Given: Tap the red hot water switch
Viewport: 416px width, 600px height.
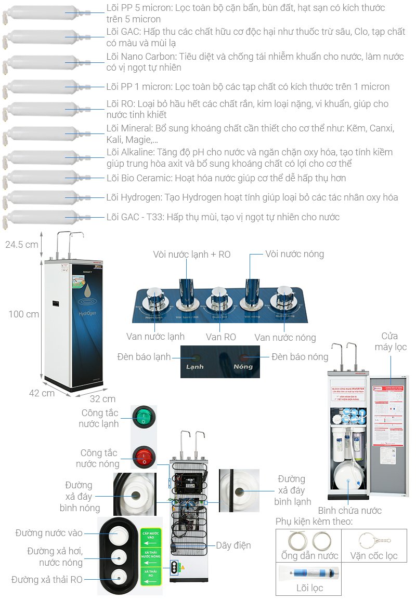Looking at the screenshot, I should point(143,458).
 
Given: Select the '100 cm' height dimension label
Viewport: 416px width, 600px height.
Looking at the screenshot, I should point(23,314).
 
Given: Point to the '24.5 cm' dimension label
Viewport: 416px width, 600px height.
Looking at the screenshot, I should point(21,244).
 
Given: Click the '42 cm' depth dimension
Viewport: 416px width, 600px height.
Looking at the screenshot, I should point(42,393).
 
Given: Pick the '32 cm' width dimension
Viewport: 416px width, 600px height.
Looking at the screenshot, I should point(102,399).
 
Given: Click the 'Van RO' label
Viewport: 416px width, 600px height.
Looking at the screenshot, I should point(220,337).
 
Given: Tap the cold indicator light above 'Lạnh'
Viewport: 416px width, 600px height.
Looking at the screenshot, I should point(196,357).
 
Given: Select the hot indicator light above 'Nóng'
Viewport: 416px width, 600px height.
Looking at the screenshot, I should point(243,357).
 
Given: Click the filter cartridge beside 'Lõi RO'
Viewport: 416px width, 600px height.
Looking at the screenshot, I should point(42,110).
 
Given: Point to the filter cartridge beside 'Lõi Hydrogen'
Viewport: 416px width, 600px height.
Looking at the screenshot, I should point(42,198).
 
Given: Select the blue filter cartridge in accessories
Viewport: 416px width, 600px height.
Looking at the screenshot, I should point(310,573).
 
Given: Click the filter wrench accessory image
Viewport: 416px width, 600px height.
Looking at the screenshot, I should point(373,540).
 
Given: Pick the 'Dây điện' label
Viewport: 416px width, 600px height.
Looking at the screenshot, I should point(233,545).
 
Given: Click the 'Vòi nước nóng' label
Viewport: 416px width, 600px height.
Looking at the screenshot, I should point(294,254).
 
